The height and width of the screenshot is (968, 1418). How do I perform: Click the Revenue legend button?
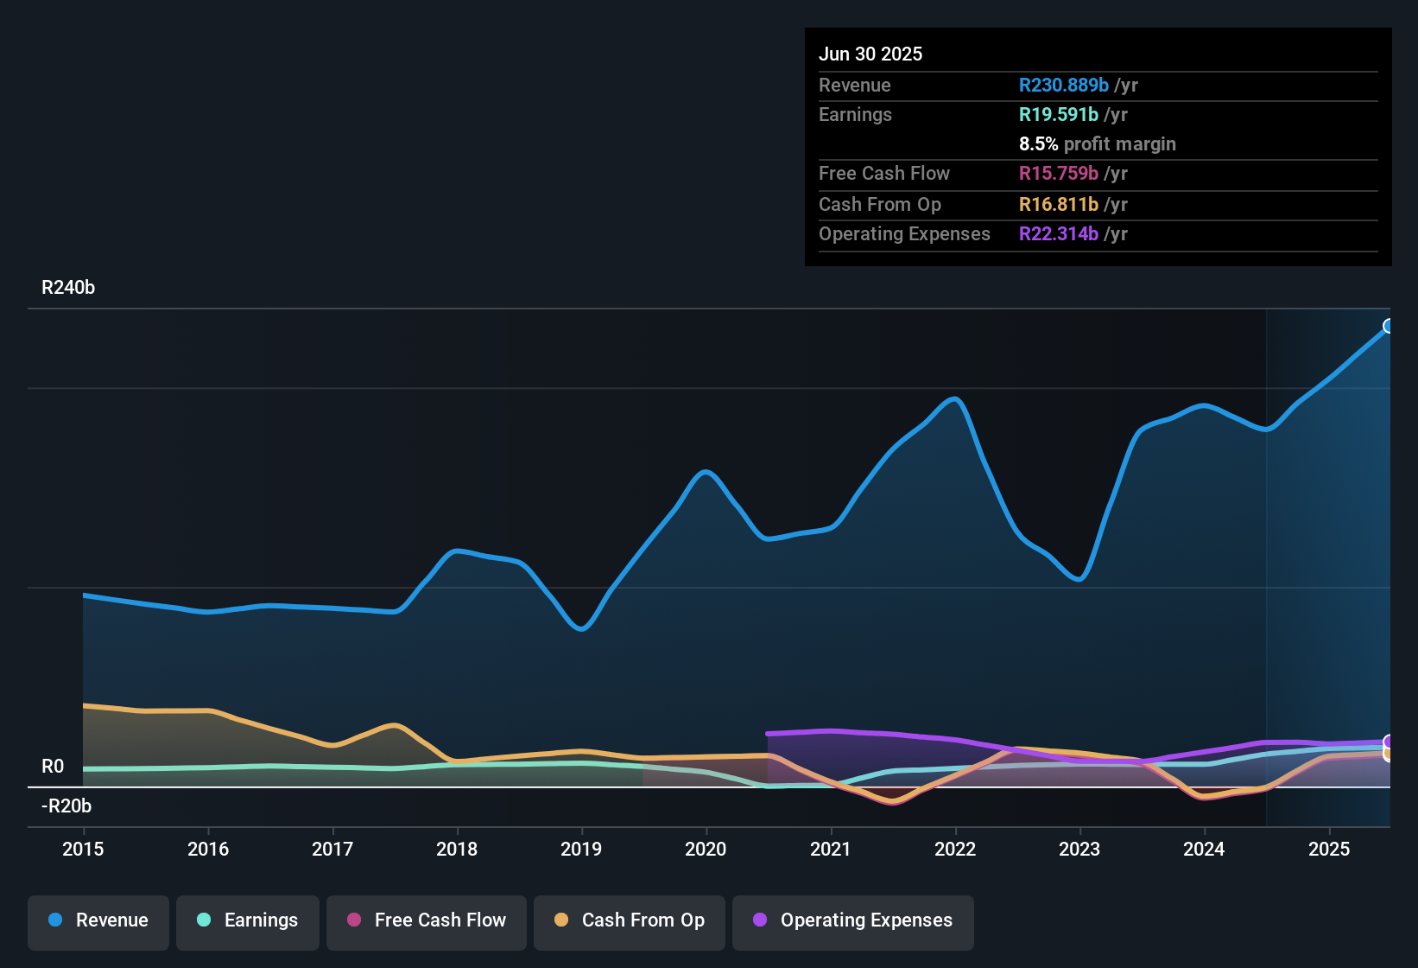pos(98,920)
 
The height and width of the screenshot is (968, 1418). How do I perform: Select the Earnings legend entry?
pos(248,920)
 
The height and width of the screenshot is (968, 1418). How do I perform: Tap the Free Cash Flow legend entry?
pos(427,920)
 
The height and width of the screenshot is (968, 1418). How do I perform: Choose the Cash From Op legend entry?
pos(630,920)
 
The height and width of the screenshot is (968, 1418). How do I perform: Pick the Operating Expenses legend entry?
pos(853,920)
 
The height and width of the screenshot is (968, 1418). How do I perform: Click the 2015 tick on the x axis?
pos(83,849)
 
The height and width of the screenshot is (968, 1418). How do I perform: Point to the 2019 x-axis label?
pos(581,849)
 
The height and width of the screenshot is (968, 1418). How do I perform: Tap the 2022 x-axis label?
pos(955,849)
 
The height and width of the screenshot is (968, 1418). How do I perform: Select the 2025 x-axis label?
pos(1329,849)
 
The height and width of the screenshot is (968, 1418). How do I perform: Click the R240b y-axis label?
pos(68,288)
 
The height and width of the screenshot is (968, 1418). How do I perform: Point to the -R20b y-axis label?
pos(66,806)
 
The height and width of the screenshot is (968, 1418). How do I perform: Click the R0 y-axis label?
pos(53,767)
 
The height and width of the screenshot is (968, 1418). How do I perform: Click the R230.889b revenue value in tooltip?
pos(1063,85)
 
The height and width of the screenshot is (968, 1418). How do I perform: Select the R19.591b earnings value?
pos(1059,115)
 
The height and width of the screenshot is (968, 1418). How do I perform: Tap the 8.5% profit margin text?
pos(1097,144)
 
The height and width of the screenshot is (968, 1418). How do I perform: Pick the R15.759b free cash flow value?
pos(1059,174)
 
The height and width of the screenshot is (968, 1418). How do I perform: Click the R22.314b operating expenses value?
pos(1059,234)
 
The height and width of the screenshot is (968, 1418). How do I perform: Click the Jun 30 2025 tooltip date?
pos(870,54)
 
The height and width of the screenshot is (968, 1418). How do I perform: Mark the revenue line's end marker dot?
pos(1389,326)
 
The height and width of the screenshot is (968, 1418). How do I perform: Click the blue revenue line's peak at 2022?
pos(955,398)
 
